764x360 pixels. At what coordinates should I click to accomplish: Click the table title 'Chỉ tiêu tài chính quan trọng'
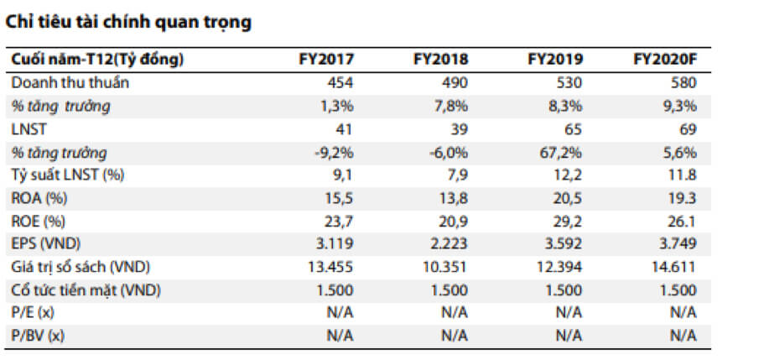point(128,23)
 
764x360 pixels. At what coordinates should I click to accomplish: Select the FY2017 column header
point(326,60)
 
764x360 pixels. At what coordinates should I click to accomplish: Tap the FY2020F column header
point(665,60)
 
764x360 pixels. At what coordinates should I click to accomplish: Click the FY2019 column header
point(555,60)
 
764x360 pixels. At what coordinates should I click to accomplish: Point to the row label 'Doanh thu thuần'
point(70,83)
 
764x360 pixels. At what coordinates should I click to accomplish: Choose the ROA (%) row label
point(39,199)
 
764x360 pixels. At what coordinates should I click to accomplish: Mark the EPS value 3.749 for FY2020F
point(678,244)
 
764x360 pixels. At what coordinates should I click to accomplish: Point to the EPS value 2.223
point(449,244)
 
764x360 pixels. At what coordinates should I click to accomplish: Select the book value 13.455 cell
point(330,268)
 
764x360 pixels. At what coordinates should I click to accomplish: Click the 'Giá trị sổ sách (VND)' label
point(81,268)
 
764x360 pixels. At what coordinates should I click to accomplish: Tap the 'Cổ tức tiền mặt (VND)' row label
point(86,290)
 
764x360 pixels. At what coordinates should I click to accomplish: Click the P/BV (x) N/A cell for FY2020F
point(683,337)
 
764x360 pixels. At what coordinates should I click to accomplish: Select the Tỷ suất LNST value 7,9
point(458,175)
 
